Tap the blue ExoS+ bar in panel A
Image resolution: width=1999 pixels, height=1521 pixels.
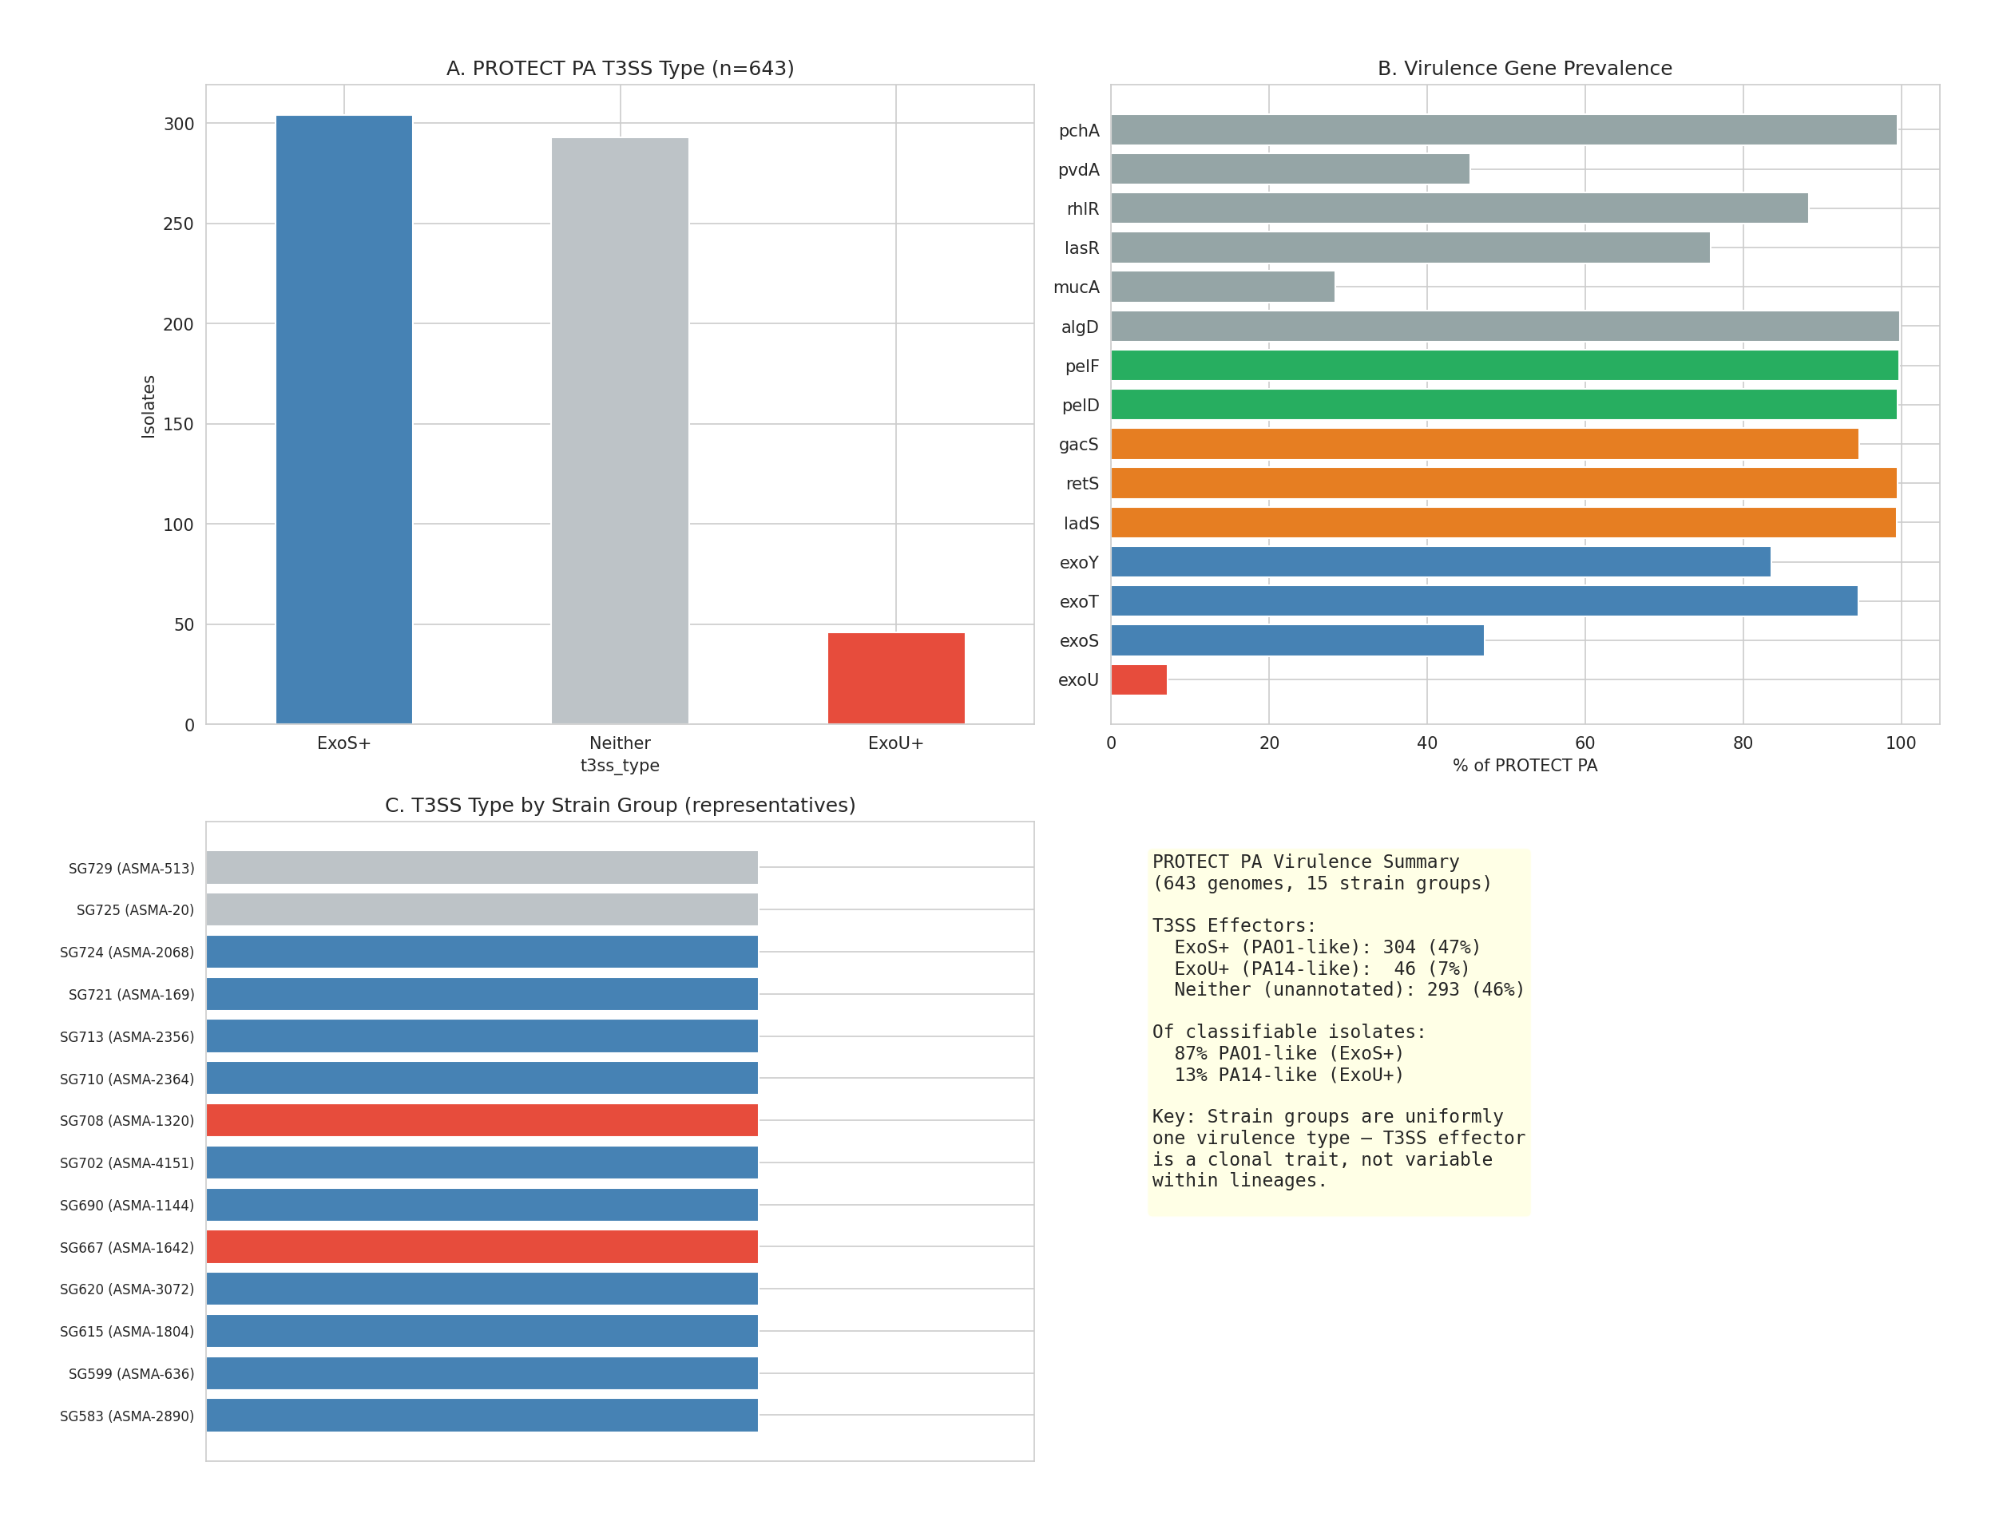tap(343, 419)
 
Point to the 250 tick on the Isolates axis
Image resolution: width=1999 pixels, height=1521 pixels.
tap(178, 224)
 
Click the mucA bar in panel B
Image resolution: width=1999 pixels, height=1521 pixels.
tap(1222, 287)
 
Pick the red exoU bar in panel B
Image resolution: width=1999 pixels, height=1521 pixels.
tap(1138, 680)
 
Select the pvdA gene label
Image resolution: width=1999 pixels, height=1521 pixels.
tap(1078, 170)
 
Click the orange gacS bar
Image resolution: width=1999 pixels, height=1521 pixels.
tap(1484, 445)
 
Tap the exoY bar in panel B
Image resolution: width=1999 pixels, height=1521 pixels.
tap(1439, 562)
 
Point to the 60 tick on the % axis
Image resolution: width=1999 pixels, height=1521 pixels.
tap(1585, 743)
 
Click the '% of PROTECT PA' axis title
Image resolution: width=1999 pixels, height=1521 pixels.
tap(1525, 766)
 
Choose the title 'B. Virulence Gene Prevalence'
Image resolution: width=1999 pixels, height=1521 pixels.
tap(1525, 69)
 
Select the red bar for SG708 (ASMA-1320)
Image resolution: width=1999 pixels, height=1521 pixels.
tap(482, 1121)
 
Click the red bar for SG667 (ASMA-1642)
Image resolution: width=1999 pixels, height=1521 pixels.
tap(482, 1246)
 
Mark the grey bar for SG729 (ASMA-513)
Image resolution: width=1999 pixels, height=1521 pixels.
tap(482, 867)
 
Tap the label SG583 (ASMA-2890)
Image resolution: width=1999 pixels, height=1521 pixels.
tap(127, 1416)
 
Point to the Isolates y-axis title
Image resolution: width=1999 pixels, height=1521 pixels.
tap(149, 406)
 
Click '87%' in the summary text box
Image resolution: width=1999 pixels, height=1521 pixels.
tap(1190, 1054)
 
